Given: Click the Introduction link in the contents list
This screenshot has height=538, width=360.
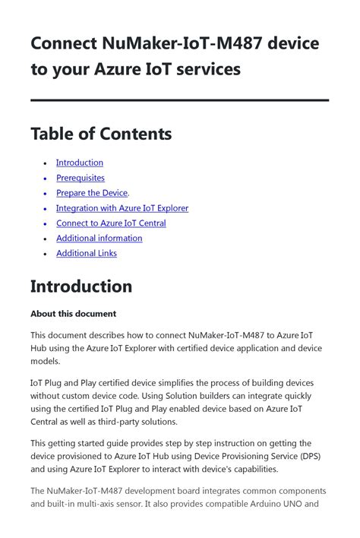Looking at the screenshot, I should [x=79, y=163].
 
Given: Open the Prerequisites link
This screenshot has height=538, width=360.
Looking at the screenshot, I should [x=80, y=178].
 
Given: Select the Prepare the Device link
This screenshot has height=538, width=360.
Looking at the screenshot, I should [x=91, y=193].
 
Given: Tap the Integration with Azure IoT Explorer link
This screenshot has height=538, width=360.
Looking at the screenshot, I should [x=122, y=208].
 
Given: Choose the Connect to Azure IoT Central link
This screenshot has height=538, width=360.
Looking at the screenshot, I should [x=111, y=223].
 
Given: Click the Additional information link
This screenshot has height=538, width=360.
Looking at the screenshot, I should [x=99, y=238].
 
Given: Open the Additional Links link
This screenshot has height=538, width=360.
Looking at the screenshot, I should [x=86, y=253].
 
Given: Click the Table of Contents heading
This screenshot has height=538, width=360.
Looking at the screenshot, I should [x=101, y=134].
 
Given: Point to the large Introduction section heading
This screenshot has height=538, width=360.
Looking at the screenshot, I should [x=81, y=286].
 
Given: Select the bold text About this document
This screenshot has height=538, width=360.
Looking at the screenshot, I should [x=73, y=313].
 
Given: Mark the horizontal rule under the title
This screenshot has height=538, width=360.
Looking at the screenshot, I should [x=179, y=100].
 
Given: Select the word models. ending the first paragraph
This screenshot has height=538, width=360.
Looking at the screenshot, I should [x=46, y=362].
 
